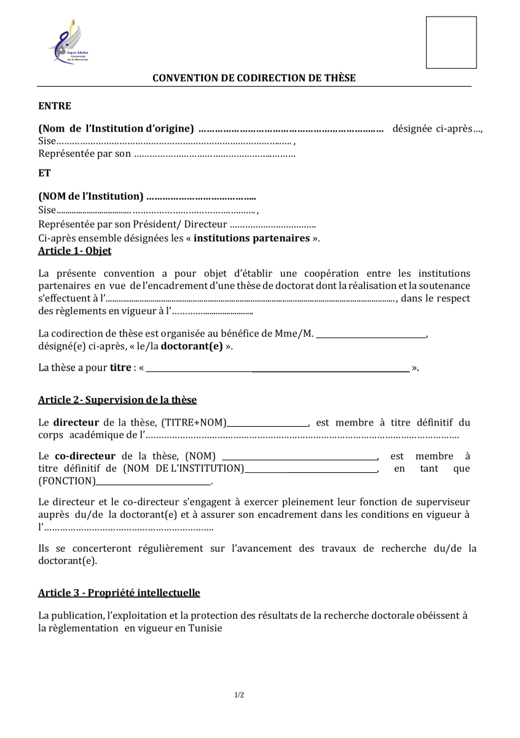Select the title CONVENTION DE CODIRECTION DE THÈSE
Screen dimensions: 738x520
coord(254,78)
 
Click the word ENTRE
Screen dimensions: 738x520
coord(55,106)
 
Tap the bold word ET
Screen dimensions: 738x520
coord(44,173)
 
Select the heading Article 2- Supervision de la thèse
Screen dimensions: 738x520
coord(117,400)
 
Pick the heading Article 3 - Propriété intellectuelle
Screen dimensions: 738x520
coord(119,593)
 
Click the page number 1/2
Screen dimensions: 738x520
coord(240,695)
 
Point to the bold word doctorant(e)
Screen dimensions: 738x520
coord(192,346)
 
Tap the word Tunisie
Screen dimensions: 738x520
coord(205,629)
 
